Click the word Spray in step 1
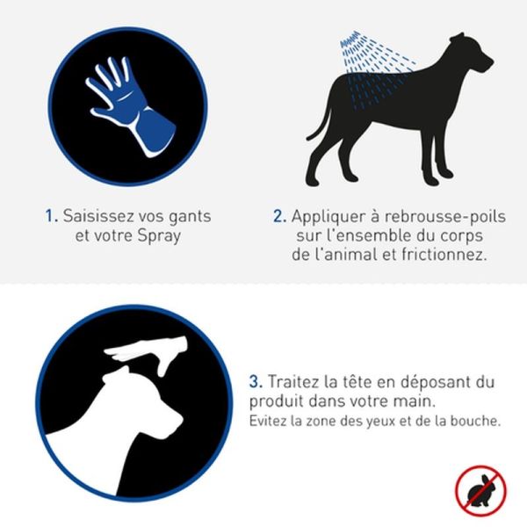159,236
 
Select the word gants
190,217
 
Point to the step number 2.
279,216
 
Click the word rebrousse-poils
445,216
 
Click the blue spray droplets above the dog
377,69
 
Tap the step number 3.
256,382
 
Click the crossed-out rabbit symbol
481,490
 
